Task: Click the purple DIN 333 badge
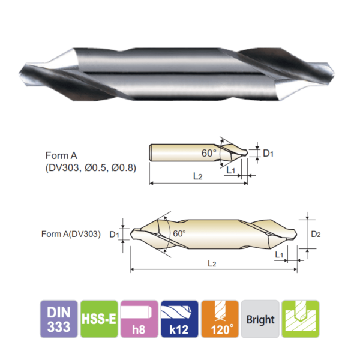(58, 319)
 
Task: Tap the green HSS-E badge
(99, 319)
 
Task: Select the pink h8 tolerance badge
(139, 319)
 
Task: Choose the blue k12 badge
(179, 319)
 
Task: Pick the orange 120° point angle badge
(220, 319)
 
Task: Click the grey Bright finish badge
(260, 319)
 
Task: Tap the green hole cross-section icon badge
(300, 319)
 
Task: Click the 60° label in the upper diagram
(208, 153)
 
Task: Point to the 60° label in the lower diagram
(179, 233)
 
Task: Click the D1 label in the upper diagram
(268, 154)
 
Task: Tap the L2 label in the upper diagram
(197, 176)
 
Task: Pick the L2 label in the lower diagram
(212, 263)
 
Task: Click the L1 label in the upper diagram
(231, 170)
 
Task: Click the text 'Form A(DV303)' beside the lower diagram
(70, 234)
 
